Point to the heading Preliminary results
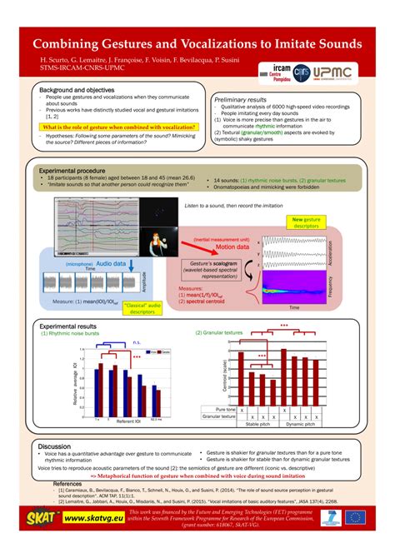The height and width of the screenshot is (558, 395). tap(247, 97)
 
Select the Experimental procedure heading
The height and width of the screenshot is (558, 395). tap(78, 170)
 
